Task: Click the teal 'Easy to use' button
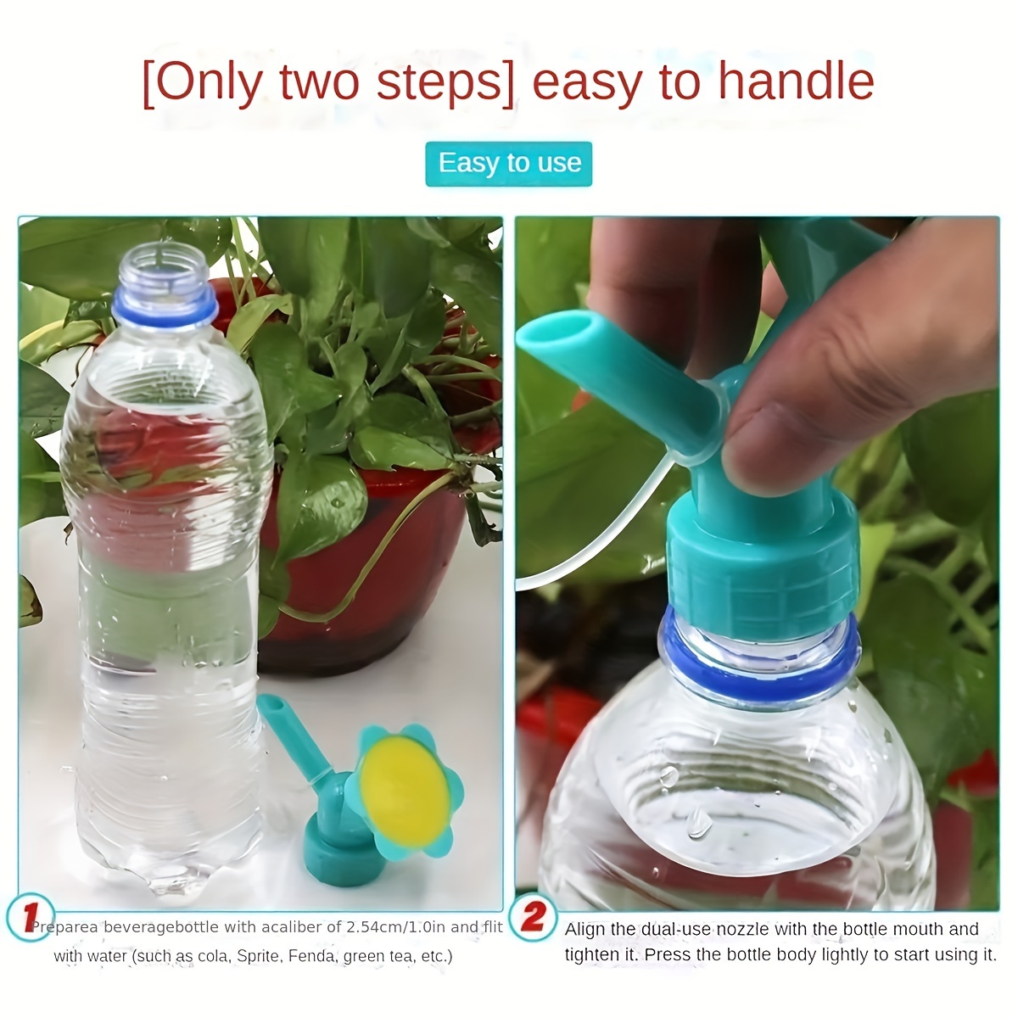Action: [509, 164]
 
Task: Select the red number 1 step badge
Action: [31, 917]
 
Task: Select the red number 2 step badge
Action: [534, 917]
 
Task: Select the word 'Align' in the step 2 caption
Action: [586, 930]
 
